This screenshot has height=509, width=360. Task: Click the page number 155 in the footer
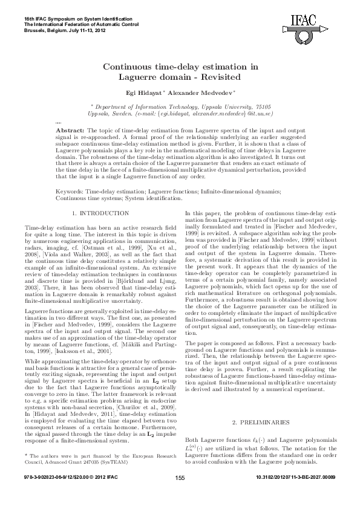[180, 495]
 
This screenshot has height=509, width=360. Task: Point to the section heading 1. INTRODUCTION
[100, 213]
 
